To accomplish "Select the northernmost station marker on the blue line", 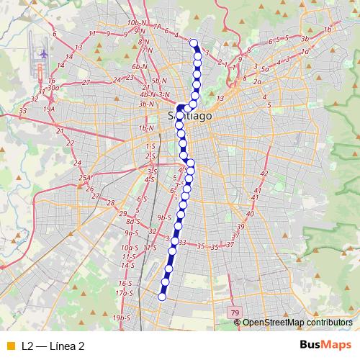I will [x=193, y=42].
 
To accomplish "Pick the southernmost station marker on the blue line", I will [x=162, y=296].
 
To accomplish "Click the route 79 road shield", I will [x=235, y=312].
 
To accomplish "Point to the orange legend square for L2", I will [x=9, y=346].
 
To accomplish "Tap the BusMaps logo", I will [x=325, y=346].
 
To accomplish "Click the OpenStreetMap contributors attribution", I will [x=297, y=322].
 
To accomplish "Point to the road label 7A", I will [x=157, y=27].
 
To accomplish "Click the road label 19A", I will [x=49, y=109].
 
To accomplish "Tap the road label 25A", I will [x=85, y=178].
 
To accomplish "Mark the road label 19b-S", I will [x=122, y=318].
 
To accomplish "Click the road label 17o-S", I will [x=125, y=293].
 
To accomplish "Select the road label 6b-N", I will [x=139, y=67].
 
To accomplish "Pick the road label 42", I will [x=264, y=174].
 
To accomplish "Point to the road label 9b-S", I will [x=163, y=217].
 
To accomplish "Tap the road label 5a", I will [x=265, y=69].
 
